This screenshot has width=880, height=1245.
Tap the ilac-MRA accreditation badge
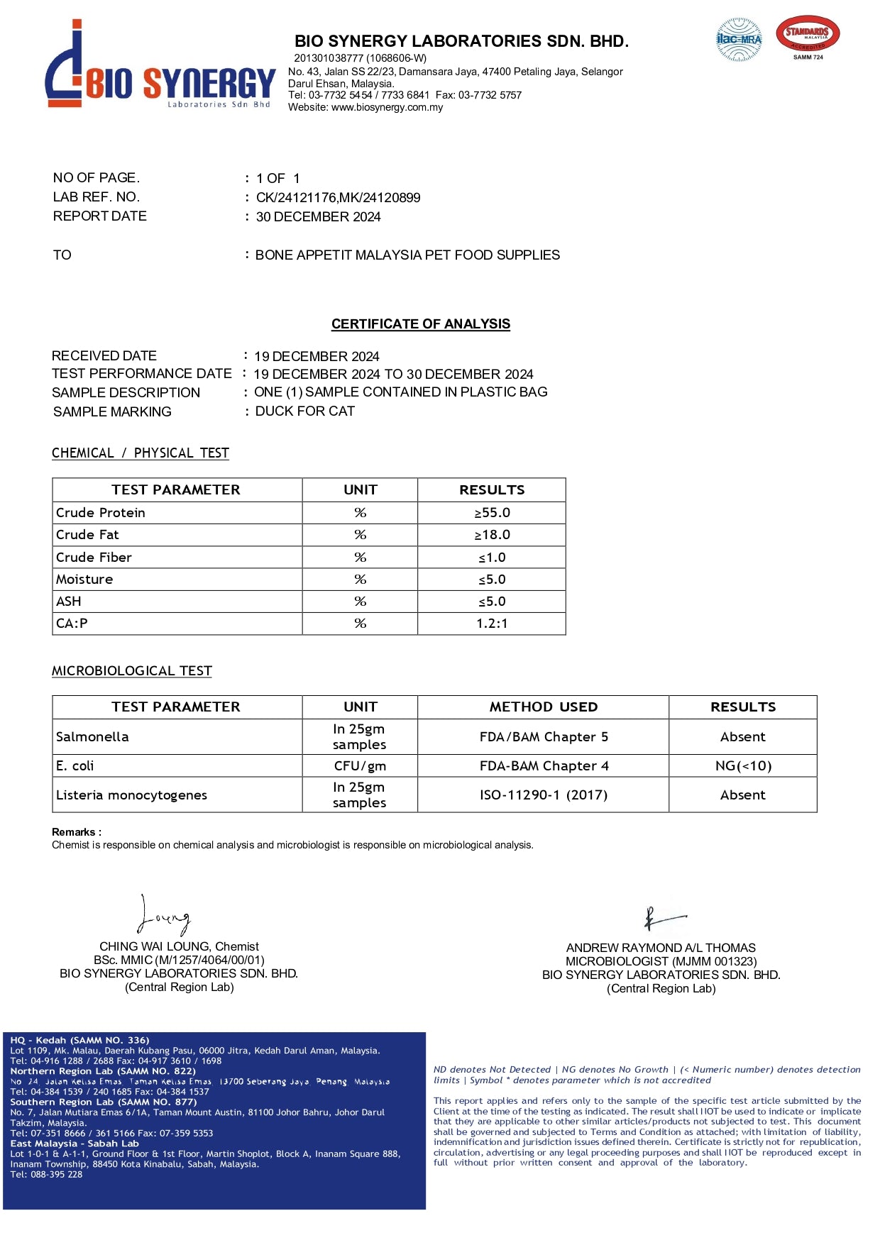click(739, 40)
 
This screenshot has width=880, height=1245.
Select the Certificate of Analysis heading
click(421, 324)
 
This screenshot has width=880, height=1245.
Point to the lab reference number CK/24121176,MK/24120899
click(338, 197)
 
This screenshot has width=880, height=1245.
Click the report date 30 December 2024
click(318, 217)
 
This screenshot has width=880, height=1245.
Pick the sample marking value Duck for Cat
click(305, 411)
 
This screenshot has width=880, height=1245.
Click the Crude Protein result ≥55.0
click(492, 513)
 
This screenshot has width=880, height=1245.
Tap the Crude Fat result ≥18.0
click(492, 535)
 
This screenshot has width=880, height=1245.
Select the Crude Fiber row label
click(94, 558)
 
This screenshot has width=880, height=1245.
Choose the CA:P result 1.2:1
click(492, 624)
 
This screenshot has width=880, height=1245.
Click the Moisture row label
click(84, 580)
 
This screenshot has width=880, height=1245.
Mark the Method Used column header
click(544, 707)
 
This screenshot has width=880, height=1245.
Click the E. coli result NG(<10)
click(743, 766)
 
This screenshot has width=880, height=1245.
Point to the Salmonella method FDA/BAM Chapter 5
click(544, 737)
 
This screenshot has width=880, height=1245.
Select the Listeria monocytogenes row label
click(131, 795)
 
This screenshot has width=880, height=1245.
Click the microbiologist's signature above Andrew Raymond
click(664, 919)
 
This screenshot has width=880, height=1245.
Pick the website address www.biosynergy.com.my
click(387, 108)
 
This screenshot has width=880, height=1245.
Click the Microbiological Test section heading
click(132, 671)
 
